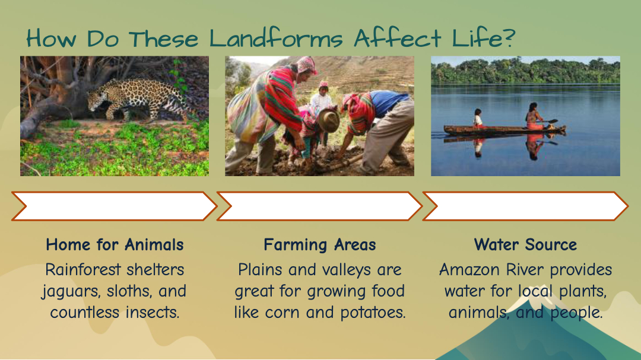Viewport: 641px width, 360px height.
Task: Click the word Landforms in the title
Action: [x=276, y=39]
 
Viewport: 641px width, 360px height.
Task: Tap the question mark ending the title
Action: [x=507, y=37]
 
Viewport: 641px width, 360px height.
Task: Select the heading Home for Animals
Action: [x=115, y=245]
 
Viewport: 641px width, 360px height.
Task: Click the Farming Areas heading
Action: [x=320, y=245]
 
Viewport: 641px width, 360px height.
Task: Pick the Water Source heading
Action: [x=525, y=245]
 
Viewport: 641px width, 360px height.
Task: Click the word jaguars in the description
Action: [x=70, y=291]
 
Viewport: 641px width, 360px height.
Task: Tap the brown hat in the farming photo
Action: [x=329, y=120]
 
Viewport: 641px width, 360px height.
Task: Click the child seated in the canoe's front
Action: [x=478, y=117]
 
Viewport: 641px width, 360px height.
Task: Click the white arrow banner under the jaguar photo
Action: [x=114, y=206]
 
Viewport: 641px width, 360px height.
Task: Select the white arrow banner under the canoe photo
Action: [x=525, y=206]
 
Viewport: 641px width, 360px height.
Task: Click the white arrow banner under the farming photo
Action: [x=319, y=206]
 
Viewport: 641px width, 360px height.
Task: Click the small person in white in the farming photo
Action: [x=322, y=98]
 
